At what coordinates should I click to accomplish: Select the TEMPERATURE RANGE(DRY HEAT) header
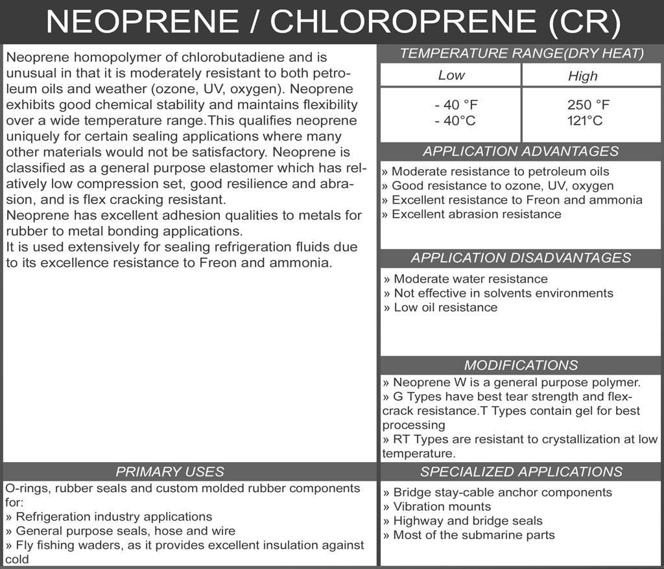pyautogui.click(x=521, y=54)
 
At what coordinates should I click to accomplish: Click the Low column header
pyautogui.click(x=451, y=75)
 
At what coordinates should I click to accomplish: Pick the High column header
pyautogui.click(x=582, y=76)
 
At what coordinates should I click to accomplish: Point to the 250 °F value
pyautogui.click(x=588, y=105)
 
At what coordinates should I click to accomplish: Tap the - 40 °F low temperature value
pyautogui.click(x=456, y=105)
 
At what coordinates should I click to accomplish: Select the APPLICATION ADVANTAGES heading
pyautogui.click(x=521, y=152)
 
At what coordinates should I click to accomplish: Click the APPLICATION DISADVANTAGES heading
pyautogui.click(x=521, y=258)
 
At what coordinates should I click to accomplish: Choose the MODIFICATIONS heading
pyautogui.click(x=521, y=365)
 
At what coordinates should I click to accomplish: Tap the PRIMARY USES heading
pyautogui.click(x=169, y=472)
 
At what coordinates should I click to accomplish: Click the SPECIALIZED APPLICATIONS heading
pyautogui.click(x=521, y=472)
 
